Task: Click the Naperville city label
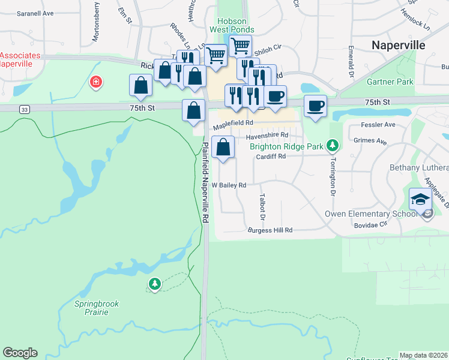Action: [398, 45]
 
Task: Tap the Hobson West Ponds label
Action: [232, 25]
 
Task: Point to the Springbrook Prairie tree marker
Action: [155, 283]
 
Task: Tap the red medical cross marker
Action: [95, 82]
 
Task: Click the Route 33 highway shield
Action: [23, 109]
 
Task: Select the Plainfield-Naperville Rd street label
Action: [204, 183]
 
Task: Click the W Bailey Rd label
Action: [229, 185]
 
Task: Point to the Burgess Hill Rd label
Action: [270, 230]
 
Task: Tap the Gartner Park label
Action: [393, 82]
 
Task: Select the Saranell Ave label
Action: [35, 13]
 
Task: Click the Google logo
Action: [19, 353]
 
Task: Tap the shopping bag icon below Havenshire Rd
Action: [223, 148]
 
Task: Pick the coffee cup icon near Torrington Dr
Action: [316, 106]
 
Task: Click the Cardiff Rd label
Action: [270, 156]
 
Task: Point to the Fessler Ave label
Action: [378, 125]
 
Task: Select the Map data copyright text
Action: [423, 355]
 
